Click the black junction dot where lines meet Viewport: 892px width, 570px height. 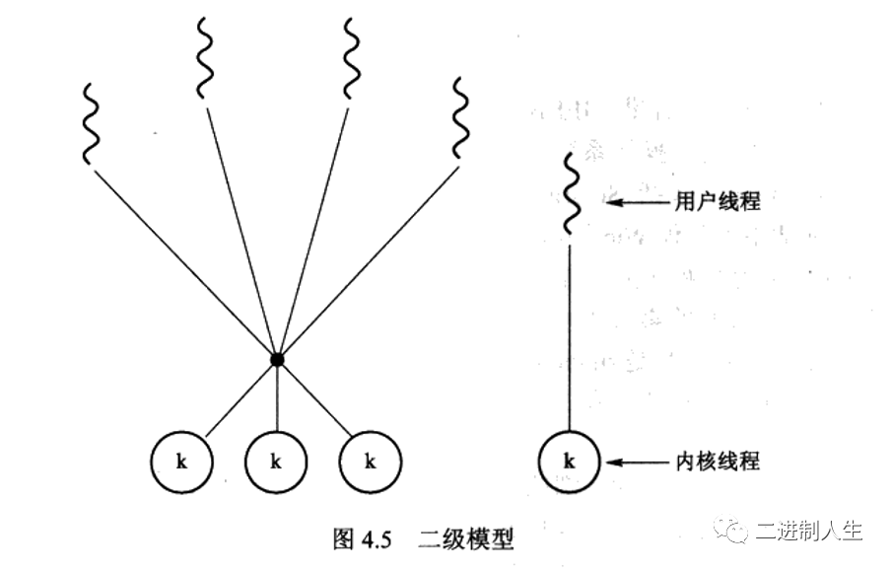[277, 359]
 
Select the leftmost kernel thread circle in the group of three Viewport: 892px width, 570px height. [181, 461]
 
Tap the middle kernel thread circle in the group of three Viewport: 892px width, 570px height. [276, 461]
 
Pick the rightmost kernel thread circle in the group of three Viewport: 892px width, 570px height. [370, 461]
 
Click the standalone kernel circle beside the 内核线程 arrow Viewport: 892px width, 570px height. [569, 461]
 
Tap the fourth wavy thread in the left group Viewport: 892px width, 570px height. [460, 117]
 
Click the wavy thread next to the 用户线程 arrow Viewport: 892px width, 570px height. [569, 193]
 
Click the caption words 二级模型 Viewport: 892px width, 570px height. [469, 539]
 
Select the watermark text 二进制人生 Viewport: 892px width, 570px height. [808, 530]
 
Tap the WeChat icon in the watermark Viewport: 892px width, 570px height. [733, 530]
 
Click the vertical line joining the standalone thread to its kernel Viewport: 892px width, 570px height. [569, 335]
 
